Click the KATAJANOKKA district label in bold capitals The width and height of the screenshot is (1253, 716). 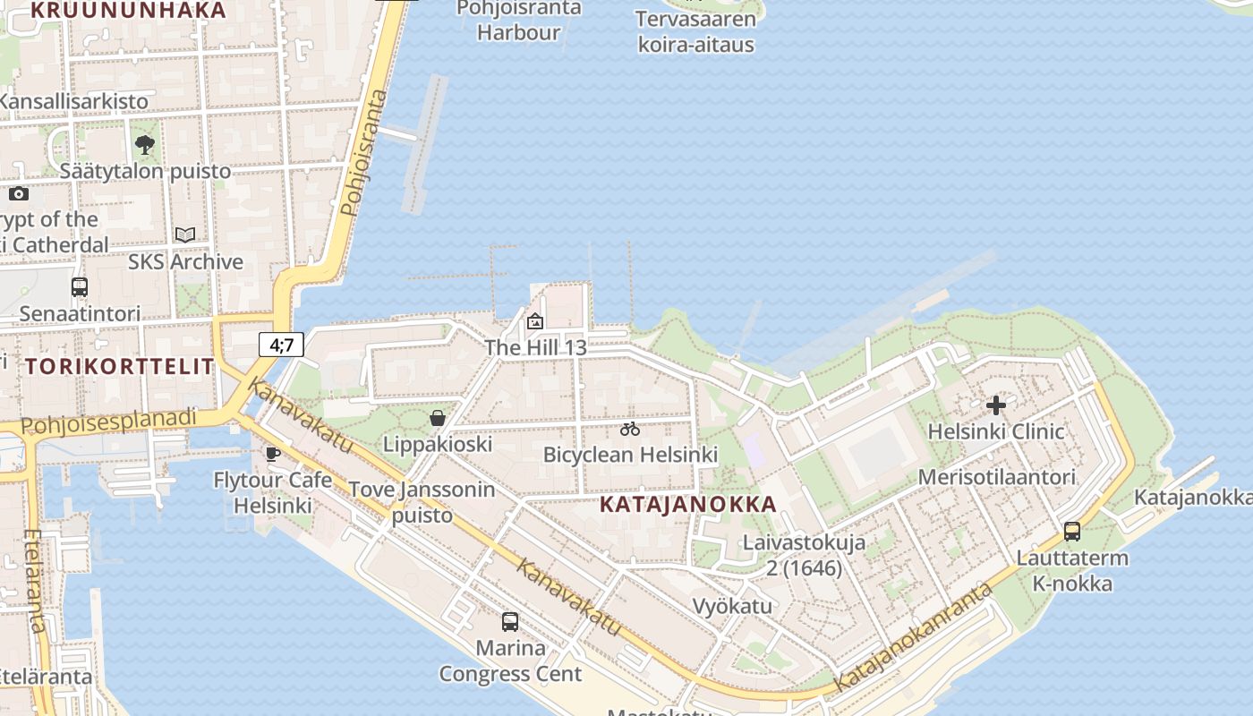pyautogui.click(x=687, y=504)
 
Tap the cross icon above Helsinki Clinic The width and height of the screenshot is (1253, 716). pyautogui.click(x=995, y=405)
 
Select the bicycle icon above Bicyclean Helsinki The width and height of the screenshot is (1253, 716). pyautogui.click(x=630, y=429)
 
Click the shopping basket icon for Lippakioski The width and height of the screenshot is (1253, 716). pyautogui.click(x=438, y=418)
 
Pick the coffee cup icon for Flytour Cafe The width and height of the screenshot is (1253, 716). pyautogui.click(x=273, y=455)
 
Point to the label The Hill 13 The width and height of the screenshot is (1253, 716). pyautogui.click(x=535, y=347)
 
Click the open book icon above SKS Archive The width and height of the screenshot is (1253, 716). pyautogui.click(x=185, y=235)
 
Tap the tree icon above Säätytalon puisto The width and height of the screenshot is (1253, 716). pyautogui.click(x=144, y=144)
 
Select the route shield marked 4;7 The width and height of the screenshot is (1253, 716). pyautogui.click(x=282, y=345)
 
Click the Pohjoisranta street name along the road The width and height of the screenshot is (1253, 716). pyautogui.click(x=365, y=152)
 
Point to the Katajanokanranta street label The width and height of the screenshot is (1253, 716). pyautogui.click(x=913, y=637)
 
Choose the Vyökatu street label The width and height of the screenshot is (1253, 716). pyautogui.click(x=732, y=606)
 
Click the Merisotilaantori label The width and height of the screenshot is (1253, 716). pyautogui.click(x=996, y=477)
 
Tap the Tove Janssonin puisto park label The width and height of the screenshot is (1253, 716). pyautogui.click(x=421, y=502)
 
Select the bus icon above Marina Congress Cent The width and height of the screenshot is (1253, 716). pyautogui.click(x=510, y=621)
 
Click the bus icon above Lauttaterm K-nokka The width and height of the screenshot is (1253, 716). pyautogui.click(x=1071, y=532)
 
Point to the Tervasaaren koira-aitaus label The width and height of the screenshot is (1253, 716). pyautogui.click(x=695, y=31)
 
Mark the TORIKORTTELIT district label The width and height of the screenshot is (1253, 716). pyautogui.click(x=120, y=366)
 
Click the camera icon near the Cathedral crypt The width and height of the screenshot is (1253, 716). pyautogui.click(x=19, y=193)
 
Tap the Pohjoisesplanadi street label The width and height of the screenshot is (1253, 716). pyautogui.click(x=107, y=422)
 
